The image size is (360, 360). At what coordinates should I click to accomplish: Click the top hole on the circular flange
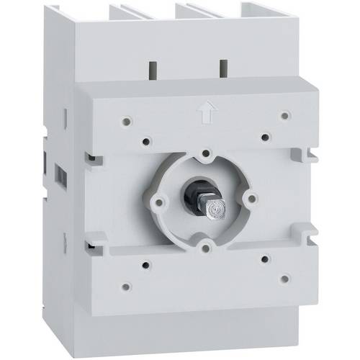click(x=206, y=153)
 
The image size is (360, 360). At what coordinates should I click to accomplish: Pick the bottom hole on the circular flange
click(x=207, y=247)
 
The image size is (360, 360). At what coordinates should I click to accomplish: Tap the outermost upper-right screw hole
click(x=285, y=114)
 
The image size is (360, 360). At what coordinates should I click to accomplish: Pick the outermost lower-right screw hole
click(x=285, y=276)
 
